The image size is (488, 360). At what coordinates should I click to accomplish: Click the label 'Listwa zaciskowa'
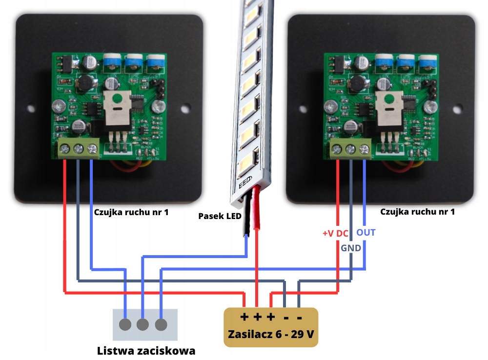[x=146, y=351]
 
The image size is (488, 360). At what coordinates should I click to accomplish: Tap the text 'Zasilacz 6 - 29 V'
[x=271, y=335]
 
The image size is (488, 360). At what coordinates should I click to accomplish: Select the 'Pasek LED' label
[x=220, y=216]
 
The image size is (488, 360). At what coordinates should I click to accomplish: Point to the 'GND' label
[x=351, y=248]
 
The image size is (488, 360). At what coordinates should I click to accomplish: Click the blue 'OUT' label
[x=366, y=233]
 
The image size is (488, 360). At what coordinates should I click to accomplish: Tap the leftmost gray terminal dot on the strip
[x=126, y=324]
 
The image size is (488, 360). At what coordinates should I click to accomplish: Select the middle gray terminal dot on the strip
[x=142, y=324]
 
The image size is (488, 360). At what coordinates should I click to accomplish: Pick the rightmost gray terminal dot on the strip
[x=161, y=324]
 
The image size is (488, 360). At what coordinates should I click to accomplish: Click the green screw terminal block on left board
[x=78, y=148]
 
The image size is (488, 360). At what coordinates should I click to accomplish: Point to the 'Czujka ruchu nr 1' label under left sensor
[x=130, y=212]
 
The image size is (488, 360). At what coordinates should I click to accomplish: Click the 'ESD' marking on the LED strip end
[x=244, y=183]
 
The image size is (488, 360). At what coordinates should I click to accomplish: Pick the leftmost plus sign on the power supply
[x=244, y=317]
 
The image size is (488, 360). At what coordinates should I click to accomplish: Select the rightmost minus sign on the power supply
[x=299, y=318]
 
